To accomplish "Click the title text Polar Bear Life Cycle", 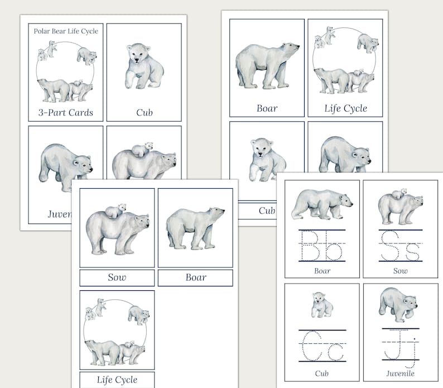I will click(66, 31).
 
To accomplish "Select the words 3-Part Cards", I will click(66, 112).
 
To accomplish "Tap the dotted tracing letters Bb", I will click(322, 246).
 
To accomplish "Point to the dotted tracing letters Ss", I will click(400, 246).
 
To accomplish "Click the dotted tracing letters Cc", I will click(322, 346).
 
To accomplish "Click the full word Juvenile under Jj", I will click(400, 373).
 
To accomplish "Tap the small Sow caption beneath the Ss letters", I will click(400, 271).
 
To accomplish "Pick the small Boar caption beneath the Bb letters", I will click(322, 271).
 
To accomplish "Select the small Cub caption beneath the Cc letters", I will click(322, 373).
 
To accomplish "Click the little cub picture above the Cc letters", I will click(321, 305).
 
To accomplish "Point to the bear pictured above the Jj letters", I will click(399, 304).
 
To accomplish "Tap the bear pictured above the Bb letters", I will click(321, 203).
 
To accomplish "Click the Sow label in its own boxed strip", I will click(117, 277).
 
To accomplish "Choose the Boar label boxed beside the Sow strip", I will click(195, 277).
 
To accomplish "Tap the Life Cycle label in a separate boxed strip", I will click(117, 380).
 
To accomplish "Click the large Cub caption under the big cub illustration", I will click(145, 112).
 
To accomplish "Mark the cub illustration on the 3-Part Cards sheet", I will click(144, 66).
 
